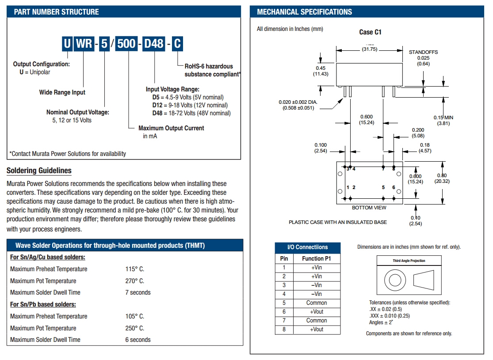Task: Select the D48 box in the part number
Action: click(154, 44)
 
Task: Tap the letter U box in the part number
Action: click(67, 44)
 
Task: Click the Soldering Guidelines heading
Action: click(39, 171)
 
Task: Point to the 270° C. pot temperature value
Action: click(134, 281)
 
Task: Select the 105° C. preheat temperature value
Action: click(134, 316)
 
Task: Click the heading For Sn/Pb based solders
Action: click(43, 304)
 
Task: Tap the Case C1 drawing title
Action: click(370, 32)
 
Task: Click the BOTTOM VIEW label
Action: click(369, 208)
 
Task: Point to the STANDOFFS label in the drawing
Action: click(423, 52)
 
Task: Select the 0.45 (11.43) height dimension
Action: click(321, 71)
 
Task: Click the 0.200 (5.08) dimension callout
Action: click(417, 133)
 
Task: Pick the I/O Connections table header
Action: click(308, 247)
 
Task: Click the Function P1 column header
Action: click(316, 258)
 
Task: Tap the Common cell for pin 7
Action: click(316, 321)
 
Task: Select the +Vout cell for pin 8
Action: click(316, 330)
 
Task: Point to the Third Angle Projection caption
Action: click(409, 261)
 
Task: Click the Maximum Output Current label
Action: click(171, 128)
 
